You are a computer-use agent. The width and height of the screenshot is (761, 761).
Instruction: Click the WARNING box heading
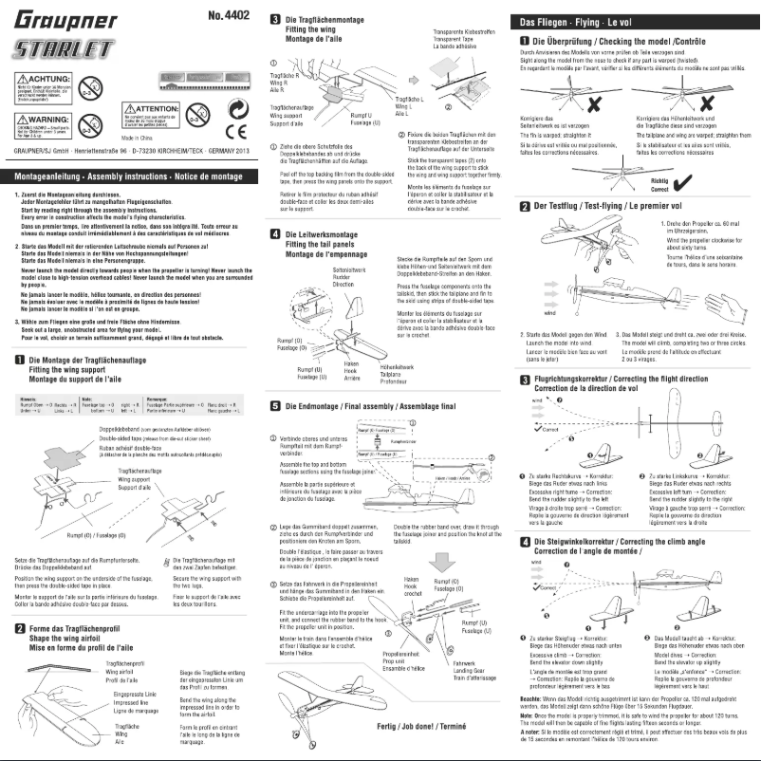click(x=42, y=120)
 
